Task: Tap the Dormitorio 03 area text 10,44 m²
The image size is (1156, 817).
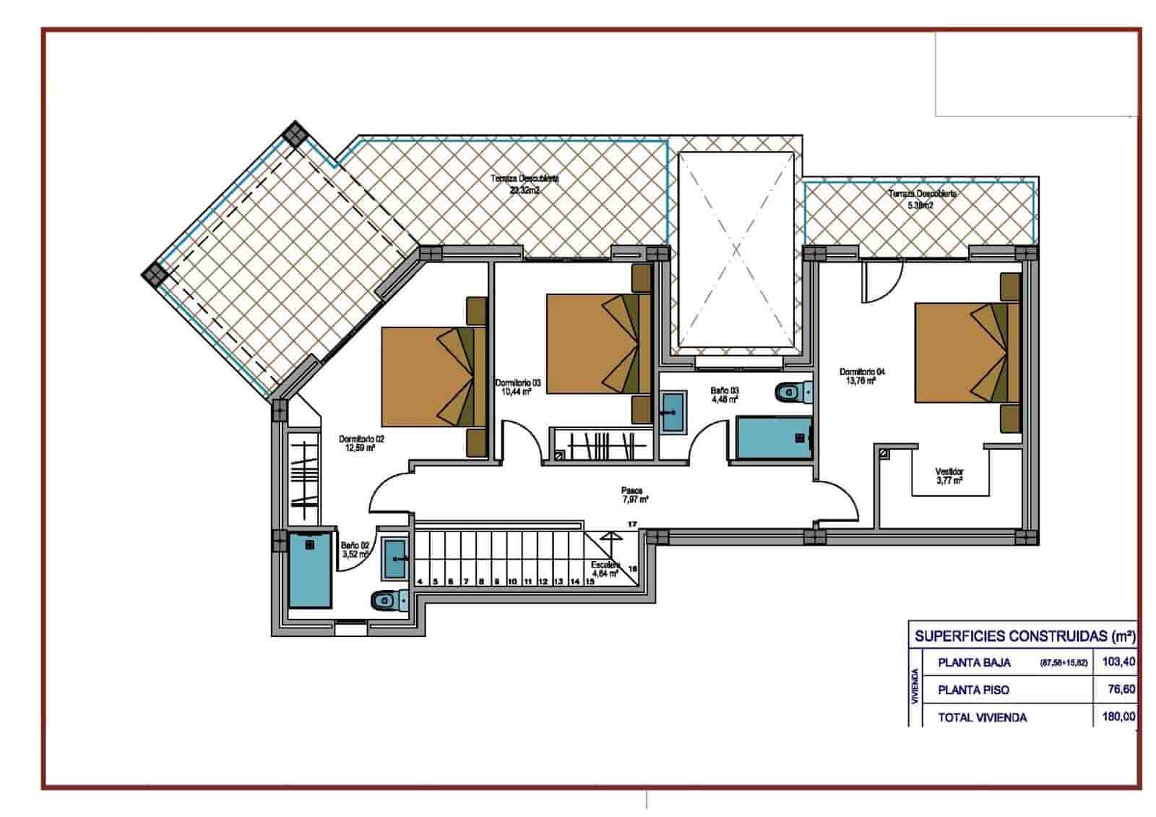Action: [517, 392]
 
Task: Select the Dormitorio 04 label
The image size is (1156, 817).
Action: [861, 372]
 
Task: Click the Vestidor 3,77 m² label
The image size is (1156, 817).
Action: [949, 476]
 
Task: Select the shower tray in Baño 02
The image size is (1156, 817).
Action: [310, 570]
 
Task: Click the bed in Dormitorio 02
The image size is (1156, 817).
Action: [432, 376]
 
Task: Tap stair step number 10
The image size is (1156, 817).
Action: [512, 581]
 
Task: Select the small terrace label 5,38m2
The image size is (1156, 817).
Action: [920, 205]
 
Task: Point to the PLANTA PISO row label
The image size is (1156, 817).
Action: [973, 690]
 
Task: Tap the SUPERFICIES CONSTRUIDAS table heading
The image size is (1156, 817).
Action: [1024, 636]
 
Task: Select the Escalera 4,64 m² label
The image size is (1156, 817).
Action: [605, 569]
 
